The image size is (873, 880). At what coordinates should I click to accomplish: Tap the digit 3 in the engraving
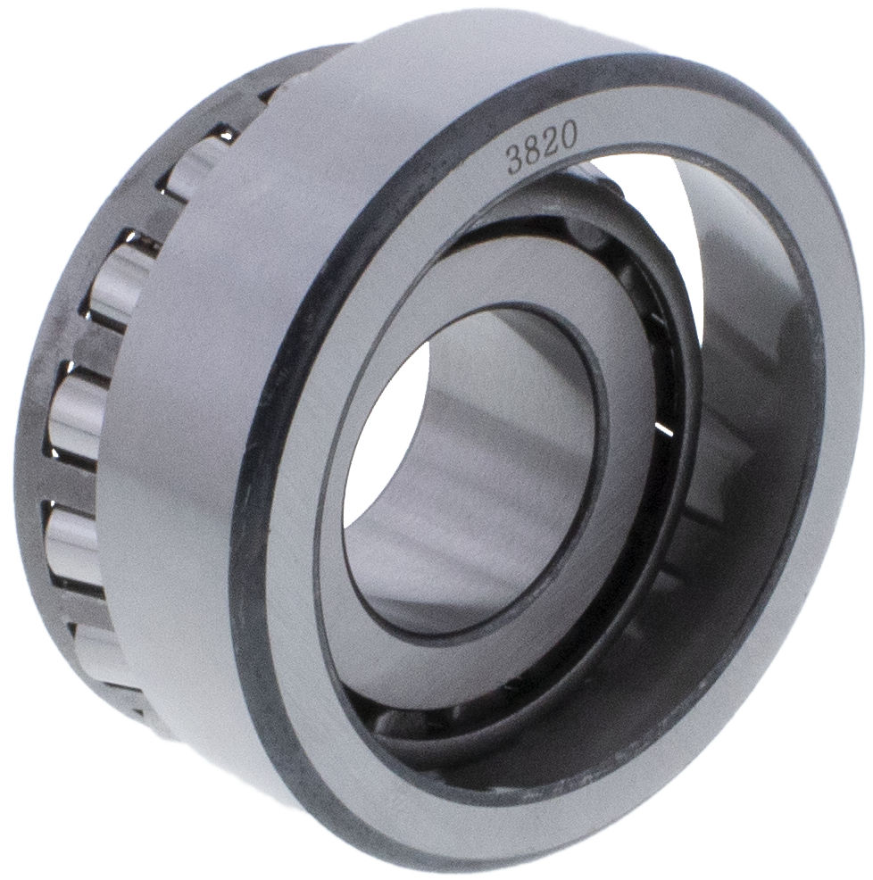(514, 161)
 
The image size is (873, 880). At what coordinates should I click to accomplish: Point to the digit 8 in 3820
(532, 152)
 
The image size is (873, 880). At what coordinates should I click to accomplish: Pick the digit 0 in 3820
(568, 136)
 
